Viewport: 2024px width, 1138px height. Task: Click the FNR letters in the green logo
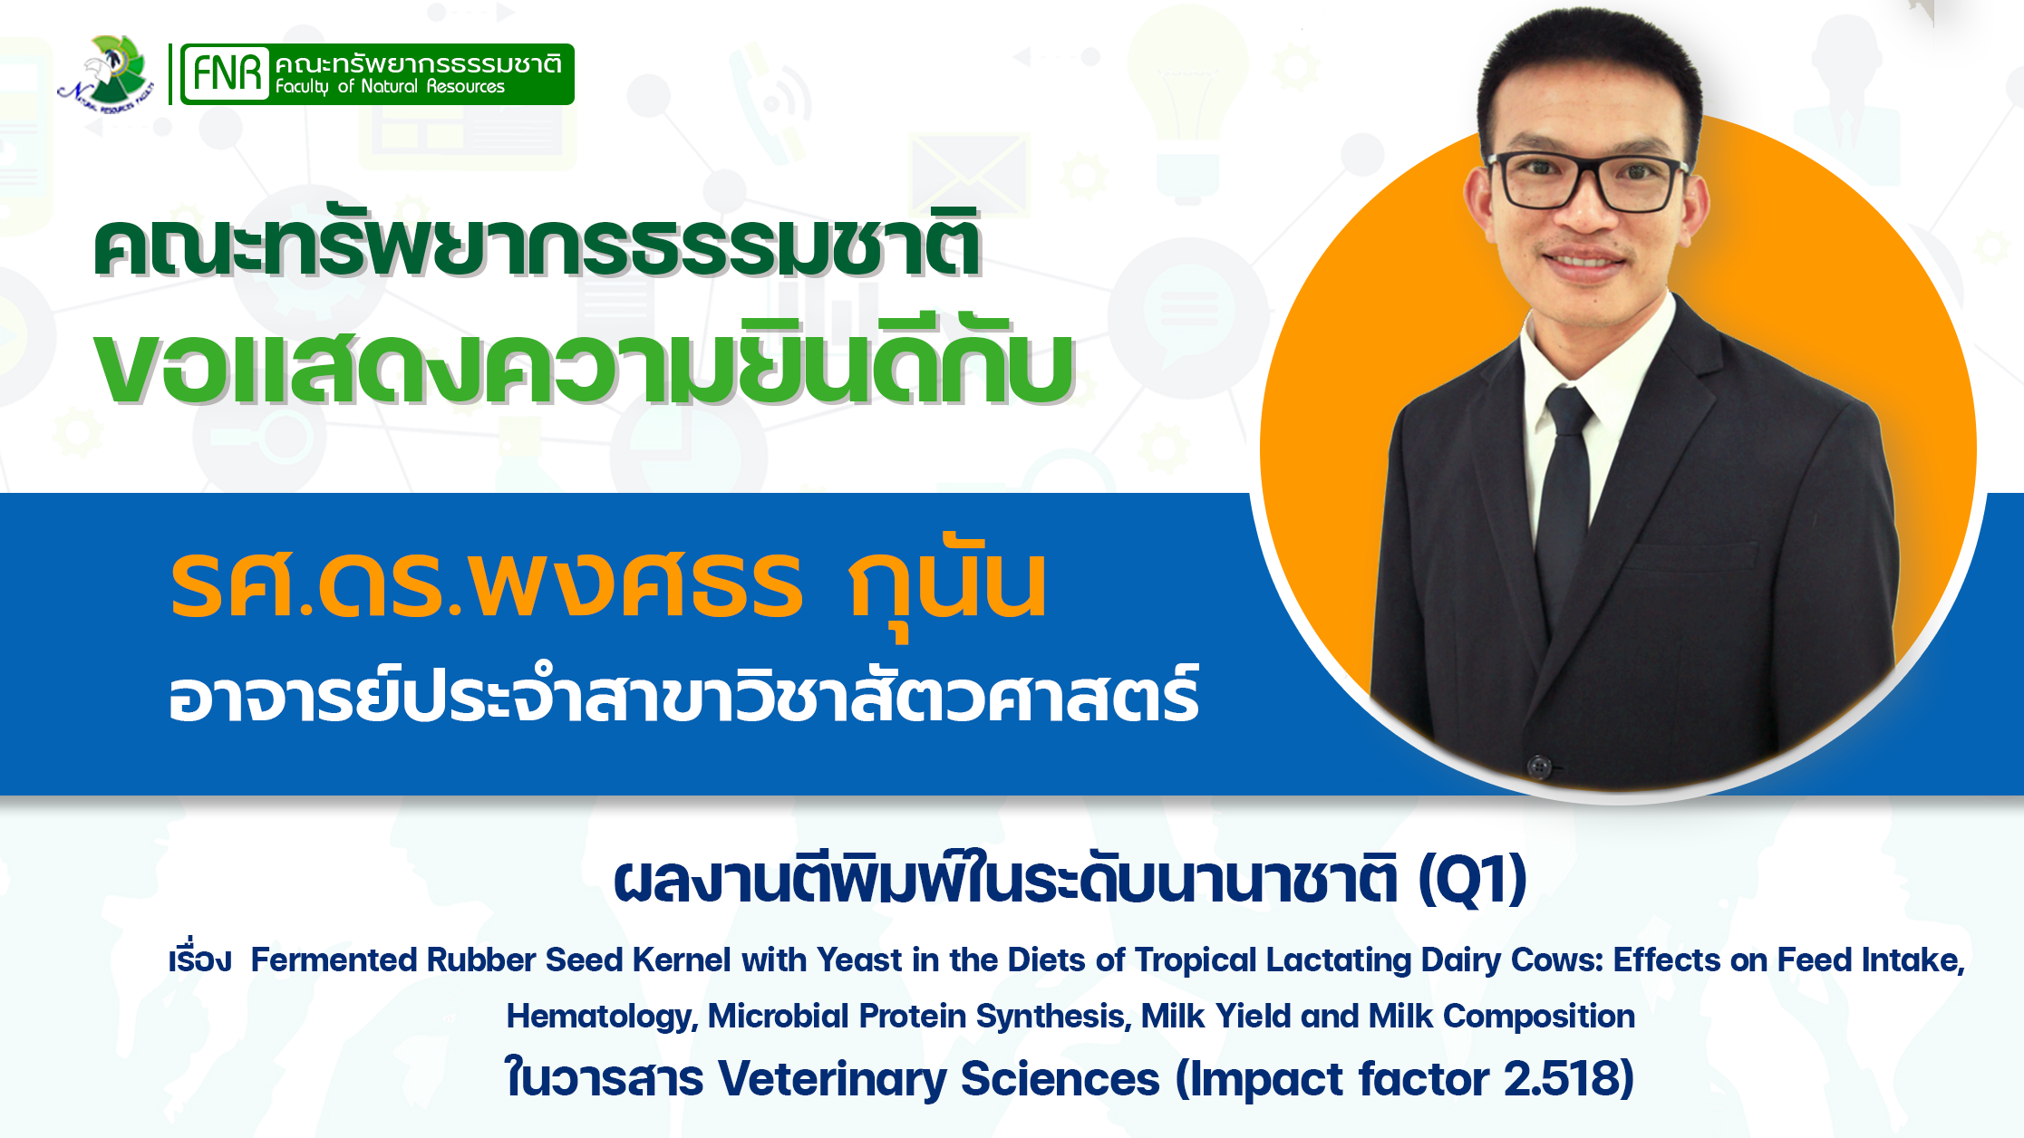(x=227, y=72)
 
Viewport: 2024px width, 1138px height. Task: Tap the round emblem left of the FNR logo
(x=106, y=72)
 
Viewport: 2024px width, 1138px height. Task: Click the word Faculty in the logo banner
(x=302, y=87)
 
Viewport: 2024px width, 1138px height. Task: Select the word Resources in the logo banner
(x=465, y=86)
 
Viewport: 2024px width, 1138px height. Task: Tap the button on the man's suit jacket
(x=1538, y=766)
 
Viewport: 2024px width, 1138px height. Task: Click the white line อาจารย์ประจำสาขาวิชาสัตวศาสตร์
(x=684, y=695)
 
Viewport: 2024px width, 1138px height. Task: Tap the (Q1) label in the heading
(x=1473, y=879)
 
